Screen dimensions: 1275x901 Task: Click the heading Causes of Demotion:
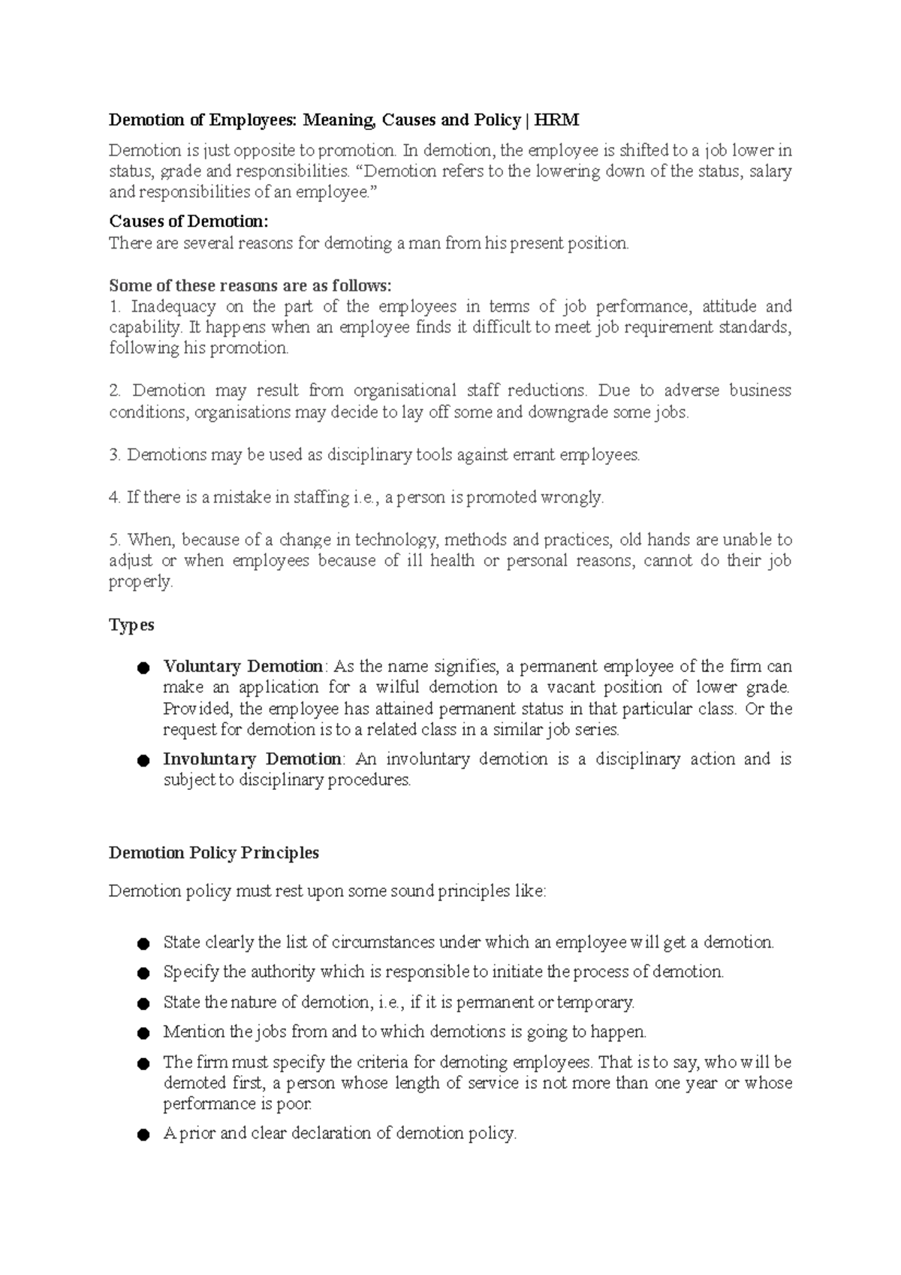188,222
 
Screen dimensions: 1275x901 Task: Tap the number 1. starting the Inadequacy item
115,306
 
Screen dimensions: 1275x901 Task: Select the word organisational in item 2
405,390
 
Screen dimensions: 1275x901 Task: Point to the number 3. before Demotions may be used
115,455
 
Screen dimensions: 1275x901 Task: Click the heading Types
131,625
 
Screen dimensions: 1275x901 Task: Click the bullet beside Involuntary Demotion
143,761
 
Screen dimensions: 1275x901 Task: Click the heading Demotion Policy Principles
214,853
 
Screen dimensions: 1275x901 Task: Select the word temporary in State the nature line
598,1002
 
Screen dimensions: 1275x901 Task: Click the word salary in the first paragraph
770,171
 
